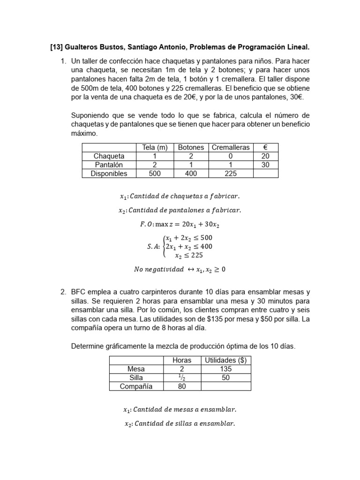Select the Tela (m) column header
pyautogui.click(x=155, y=148)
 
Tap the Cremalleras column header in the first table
pyautogui.click(x=231, y=148)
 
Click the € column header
pyautogui.click(x=266, y=148)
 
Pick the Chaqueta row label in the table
pyautogui.click(x=109, y=156)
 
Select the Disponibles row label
pyautogui.click(x=109, y=173)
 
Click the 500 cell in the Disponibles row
pyautogui.click(x=155, y=173)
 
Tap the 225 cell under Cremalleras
pyautogui.click(x=231, y=173)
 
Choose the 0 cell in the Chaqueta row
pyautogui.click(x=231, y=156)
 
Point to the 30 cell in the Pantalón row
pyautogui.click(x=266, y=165)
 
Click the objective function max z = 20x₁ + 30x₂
pyautogui.click(x=180, y=225)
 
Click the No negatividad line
pyautogui.click(x=180, y=270)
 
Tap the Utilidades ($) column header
pyautogui.click(x=226, y=360)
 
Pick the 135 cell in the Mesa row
pyautogui.click(x=226, y=369)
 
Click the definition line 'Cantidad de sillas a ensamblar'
pyautogui.click(x=180, y=424)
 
